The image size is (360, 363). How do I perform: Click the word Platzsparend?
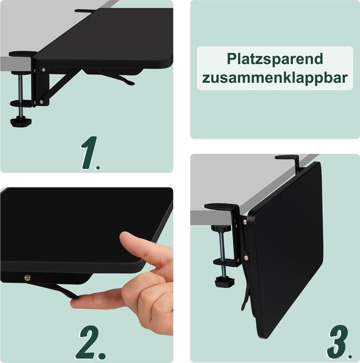[x=275, y=59]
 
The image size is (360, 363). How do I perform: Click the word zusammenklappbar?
[x=275, y=77]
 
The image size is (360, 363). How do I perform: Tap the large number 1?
[x=90, y=153]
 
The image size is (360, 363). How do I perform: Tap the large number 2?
[x=92, y=342]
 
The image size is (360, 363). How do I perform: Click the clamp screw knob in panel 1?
[x=21, y=122]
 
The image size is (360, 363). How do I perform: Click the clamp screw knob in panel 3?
[x=224, y=281]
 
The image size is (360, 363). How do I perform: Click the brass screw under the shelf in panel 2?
[x=27, y=277]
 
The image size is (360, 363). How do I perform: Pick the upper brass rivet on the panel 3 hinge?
[x=245, y=222]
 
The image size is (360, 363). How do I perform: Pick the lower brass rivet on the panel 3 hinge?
[x=246, y=258]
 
